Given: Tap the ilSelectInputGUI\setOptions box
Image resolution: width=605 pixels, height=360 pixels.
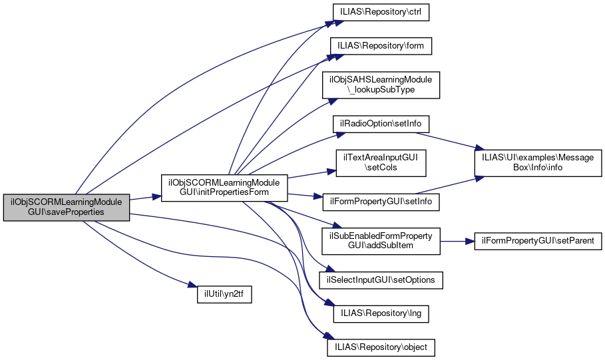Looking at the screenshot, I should click(380, 280).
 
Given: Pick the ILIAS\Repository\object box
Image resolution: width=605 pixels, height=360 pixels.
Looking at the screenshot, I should click(381, 347).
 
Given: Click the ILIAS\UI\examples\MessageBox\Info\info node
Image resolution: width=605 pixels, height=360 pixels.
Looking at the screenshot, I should click(538, 163).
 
